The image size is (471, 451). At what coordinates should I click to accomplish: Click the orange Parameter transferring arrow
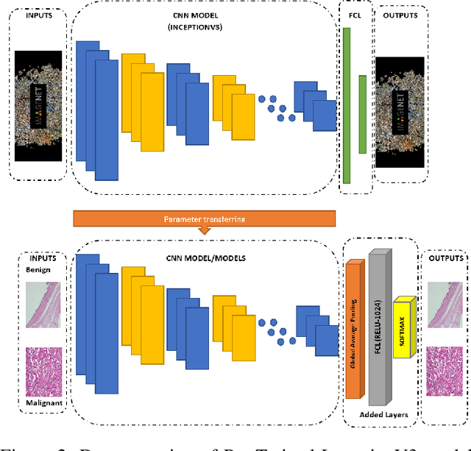pos(205,219)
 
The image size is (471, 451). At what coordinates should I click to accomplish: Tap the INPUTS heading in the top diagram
pos(40,14)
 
